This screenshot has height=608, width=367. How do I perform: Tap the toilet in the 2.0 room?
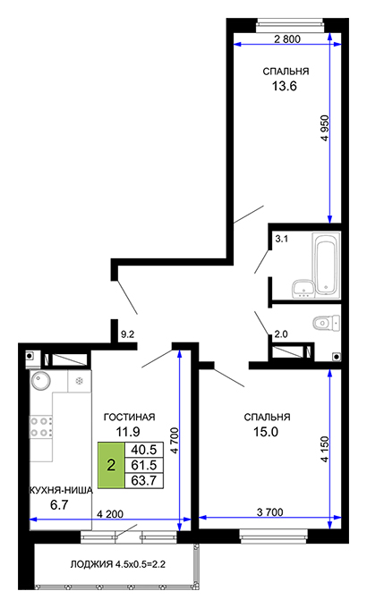(x=327, y=323)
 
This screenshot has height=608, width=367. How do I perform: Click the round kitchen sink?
(x=41, y=380)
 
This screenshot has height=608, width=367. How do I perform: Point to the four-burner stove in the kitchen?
(x=41, y=426)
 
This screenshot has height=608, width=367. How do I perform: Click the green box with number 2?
(x=111, y=465)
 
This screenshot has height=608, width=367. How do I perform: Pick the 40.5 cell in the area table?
(x=144, y=450)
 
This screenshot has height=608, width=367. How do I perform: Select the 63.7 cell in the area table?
(x=144, y=480)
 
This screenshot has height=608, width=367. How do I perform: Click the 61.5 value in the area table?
(x=144, y=465)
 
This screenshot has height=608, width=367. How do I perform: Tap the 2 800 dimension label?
(x=287, y=38)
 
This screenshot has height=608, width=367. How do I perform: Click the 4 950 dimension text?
(x=325, y=129)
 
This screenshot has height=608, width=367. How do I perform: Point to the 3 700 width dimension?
(x=270, y=511)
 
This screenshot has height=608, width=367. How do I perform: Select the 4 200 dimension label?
(x=110, y=514)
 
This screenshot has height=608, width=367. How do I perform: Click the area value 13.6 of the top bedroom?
(x=285, y=86)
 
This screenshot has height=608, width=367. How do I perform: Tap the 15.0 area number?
(x=266, y=432)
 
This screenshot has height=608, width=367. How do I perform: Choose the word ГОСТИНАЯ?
(x=129, y=417)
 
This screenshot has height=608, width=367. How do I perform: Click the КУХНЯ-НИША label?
(x=62, y=491)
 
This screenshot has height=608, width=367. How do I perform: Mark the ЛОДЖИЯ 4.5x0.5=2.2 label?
(x=117, y=564)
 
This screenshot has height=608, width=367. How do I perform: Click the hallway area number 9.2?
(x=127, y=334)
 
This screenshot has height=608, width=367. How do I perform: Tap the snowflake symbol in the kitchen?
(x=80, y=381)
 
